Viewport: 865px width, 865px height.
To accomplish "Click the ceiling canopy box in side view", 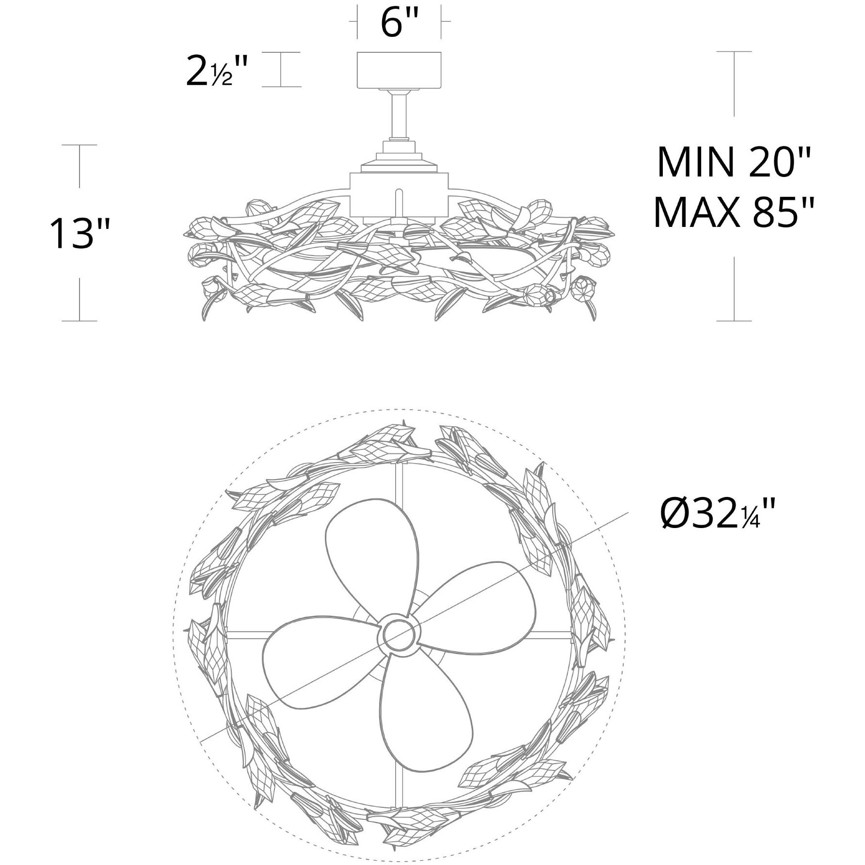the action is coord(400,70).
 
